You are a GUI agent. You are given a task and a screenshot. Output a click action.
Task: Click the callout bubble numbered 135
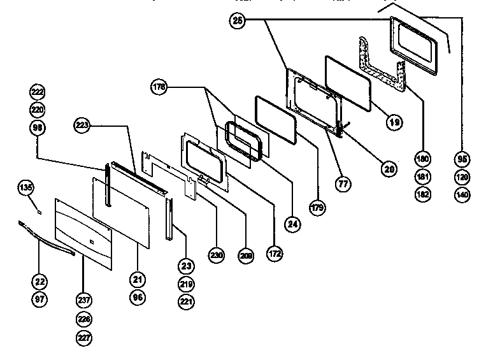click(25, 188)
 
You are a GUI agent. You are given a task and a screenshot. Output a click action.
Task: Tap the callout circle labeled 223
click(83, 125)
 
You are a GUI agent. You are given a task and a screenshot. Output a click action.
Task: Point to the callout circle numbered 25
click(238, 21)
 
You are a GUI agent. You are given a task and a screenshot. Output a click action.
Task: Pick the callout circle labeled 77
click(345, 185)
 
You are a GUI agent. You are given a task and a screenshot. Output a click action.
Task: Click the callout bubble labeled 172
click(275, 254)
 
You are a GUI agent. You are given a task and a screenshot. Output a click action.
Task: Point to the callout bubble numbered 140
click(462, 194)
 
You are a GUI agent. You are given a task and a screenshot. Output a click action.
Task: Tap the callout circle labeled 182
click(422, 194)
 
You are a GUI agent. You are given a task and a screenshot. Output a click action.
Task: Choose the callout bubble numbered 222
click(38, 92)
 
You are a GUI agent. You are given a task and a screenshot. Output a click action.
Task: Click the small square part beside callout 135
click(38, 210)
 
